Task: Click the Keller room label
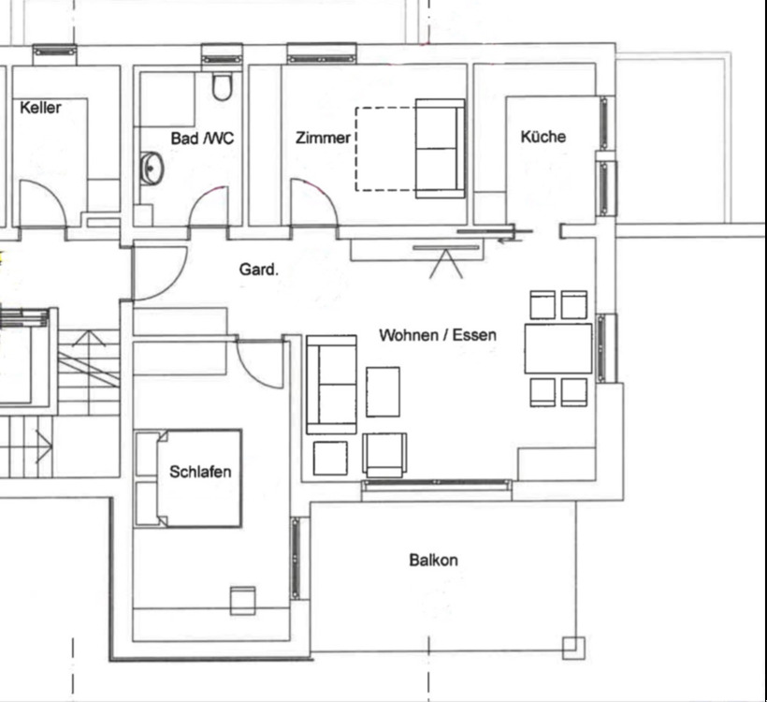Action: point(40,108)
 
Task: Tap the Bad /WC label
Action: point(202,138)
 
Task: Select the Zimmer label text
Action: point(323,138)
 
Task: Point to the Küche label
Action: point(543,136)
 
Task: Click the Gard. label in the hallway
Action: point(259,270)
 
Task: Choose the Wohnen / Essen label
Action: point(438,335)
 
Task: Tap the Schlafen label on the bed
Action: point(200,472)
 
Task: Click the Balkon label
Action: point(433,560)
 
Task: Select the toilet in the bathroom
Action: point(222,86)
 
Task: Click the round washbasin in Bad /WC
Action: point(152,168)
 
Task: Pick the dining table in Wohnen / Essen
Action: point(558,348)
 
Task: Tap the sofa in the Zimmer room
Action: point(440,148)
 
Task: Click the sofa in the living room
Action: point(331,385)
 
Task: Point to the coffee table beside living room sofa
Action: point(383,391)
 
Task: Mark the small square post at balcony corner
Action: point(573,648)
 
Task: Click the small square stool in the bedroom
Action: point(242,601)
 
